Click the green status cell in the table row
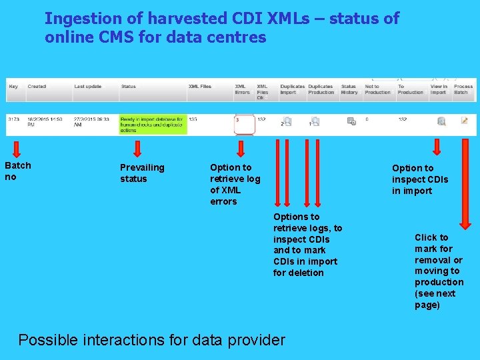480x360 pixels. (153, 124)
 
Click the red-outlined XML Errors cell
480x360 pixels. (245, 124)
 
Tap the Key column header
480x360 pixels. (13, 87)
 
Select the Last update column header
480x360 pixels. (88, 87)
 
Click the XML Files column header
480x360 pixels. (199, 87)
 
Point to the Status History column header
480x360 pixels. (349, 89)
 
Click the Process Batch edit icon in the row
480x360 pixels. (464, 121)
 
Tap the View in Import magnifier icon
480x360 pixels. (441, 121)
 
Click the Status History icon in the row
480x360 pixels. (351, 121)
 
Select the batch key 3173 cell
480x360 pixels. (13, 119)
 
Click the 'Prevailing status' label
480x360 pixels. (141, 173)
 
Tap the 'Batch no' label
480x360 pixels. (18, 171)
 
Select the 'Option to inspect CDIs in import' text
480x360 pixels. (420, 179)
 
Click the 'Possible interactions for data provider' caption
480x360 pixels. (151, 339)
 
